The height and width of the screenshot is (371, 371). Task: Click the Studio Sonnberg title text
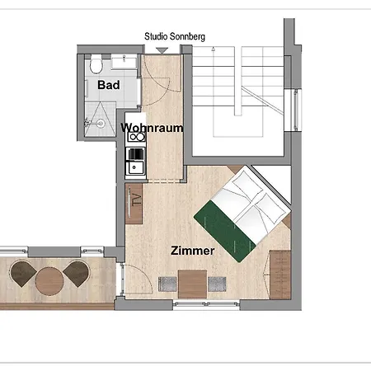(x=175, y=36)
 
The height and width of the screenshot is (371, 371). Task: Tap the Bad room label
(x=109, y=85)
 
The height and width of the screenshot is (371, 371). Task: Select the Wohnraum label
(x=152, y=128)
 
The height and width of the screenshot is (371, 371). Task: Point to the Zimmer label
(x=192, y=251)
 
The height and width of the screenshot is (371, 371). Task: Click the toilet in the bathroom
(x=96, y=64)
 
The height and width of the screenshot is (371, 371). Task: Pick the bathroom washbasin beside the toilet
(x=124, y=62)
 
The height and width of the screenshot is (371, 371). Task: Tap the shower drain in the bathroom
(x=101, y=123)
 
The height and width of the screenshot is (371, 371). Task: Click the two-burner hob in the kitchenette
(x=136, y=137)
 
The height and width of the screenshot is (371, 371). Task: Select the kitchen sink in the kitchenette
(x=134, y=167)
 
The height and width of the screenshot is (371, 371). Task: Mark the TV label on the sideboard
(x=137, y=200)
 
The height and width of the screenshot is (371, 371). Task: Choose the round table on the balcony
(x=49, y=281)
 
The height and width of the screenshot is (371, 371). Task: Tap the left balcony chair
(x=23, y=274)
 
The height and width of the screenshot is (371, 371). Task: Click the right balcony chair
(x=77, y=274)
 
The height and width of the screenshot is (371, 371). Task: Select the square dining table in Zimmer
(x=192, y=284)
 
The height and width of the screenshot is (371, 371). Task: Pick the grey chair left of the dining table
(x=167, y=284)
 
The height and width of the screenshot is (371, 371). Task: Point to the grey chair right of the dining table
(x=217, y=284)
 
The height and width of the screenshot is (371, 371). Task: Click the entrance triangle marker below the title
(x=162, y=50)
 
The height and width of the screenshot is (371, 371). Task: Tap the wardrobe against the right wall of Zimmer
(x=280, y=275)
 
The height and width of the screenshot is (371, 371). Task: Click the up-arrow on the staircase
(x=213, y=49)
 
